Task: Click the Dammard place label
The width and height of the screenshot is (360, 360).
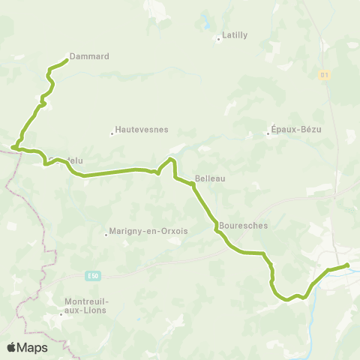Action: click(x=89, y=56)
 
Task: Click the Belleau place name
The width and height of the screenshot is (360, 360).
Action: click(x=210, y=178)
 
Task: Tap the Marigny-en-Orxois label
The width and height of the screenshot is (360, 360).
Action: click(x=148, y=231)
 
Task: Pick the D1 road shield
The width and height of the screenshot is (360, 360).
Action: click(x=324, y=75)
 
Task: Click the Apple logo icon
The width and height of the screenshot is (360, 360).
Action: click(x=11, y=347)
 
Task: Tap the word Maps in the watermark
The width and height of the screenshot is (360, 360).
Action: click(x=32, y=348)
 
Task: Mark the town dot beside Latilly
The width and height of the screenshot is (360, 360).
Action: click(x=218, y=39)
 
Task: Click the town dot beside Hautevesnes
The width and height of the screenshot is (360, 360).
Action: click(x=112, y=133)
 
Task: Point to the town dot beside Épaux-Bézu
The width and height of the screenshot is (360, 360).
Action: click(x=268, y=134)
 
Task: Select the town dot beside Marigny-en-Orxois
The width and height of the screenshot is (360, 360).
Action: click(x=106, y=235)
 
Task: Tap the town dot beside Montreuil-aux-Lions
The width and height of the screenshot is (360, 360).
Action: click(x=61, y=315)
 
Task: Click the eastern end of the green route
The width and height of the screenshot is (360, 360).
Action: click(x=346, y=265)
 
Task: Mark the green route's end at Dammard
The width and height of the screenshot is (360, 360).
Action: click(x=67, y=60)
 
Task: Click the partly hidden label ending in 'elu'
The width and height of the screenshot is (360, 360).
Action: click(x=76, y=160)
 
